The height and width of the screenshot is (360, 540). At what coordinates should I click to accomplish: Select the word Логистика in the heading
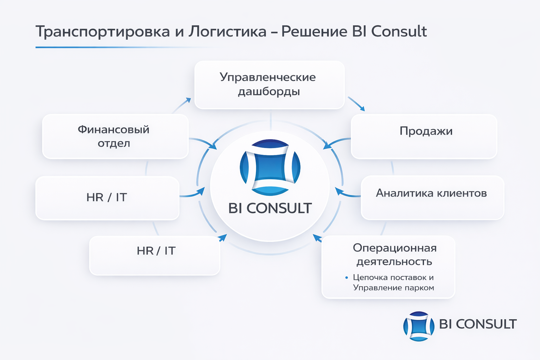(227, 32)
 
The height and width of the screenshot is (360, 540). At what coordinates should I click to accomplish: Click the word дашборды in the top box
(269, 92)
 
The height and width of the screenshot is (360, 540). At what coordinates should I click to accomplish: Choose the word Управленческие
(268, 78)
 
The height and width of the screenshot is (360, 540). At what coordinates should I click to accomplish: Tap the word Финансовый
(114, 130)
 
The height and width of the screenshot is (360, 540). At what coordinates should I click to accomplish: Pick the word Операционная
(395, 248)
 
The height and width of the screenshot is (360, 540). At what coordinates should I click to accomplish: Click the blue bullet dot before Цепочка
(347, 278)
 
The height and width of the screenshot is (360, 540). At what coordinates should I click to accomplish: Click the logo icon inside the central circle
(270, 167)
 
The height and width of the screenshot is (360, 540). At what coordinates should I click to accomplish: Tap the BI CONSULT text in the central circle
(270, 208)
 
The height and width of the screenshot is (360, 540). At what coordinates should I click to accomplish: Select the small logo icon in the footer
(419, 326)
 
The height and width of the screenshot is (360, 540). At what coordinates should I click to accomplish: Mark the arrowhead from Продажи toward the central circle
(327, 146)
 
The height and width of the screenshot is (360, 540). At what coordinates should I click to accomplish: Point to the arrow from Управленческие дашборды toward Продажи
(356, 104)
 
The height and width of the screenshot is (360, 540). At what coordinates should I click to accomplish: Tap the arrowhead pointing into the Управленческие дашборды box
(188, 100)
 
